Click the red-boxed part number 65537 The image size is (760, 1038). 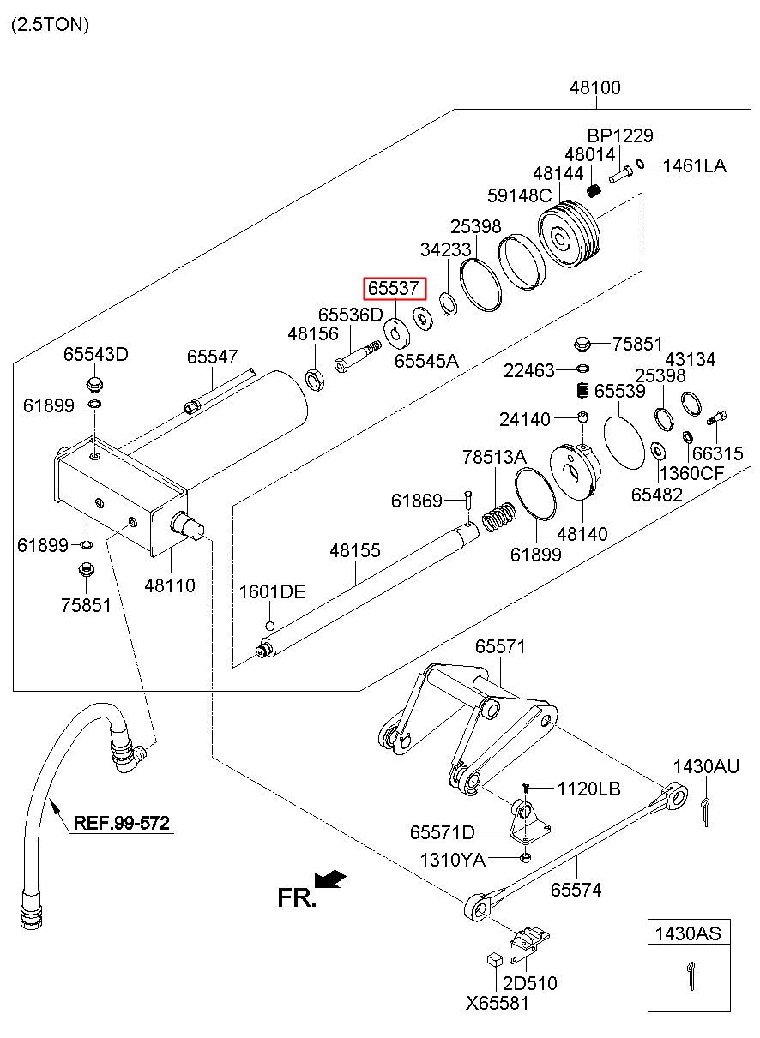click(394, 289)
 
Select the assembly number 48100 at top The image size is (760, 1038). click(595, 87)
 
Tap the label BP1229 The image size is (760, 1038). click(620, 135)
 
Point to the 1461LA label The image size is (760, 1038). click(694, 165)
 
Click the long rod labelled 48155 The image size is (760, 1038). click(369, 591)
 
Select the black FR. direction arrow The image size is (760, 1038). click(330, 880)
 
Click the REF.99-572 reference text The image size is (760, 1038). click(121, 824)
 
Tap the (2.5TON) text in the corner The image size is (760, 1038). click(50, 24)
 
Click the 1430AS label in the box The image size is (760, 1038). click(689, 933)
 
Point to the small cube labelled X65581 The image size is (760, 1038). click(494, 959)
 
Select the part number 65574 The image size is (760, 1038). click(576, 890)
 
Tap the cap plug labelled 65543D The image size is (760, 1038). click(95, 382)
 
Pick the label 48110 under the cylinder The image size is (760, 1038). click(170, 585)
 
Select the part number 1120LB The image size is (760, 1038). click(588, 789)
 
